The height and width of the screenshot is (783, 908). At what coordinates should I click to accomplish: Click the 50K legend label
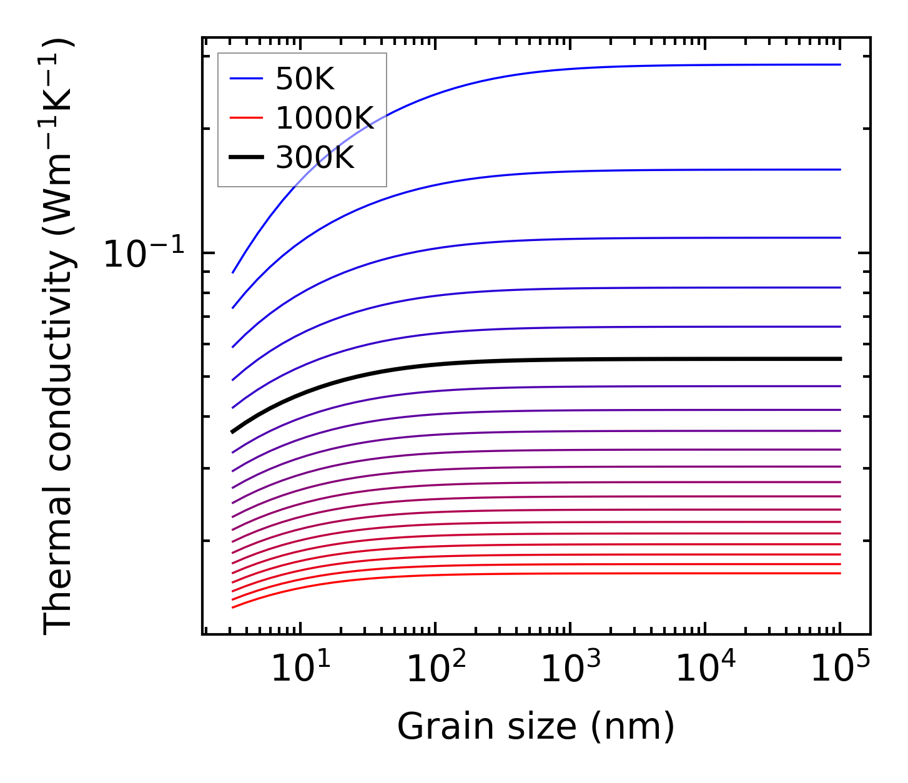(x=305, y=79)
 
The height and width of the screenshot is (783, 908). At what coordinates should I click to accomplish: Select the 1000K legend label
(x=325, y=119)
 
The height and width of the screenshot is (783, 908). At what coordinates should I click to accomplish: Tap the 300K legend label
(x=315, y=158)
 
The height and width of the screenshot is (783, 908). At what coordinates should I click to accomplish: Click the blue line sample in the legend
(x=247, y=79)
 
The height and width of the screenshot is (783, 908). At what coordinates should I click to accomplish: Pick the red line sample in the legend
(x=247, y=118)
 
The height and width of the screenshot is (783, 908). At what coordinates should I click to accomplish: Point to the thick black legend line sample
(x=247, y=157)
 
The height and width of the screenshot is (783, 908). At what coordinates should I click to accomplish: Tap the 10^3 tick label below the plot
(x=571, y=670)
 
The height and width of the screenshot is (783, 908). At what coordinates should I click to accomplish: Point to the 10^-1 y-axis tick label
(x=144, y=255)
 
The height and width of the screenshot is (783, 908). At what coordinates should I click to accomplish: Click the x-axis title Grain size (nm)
(x=536, y=727)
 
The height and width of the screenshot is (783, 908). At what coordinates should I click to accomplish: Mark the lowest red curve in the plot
(x=562, y=574)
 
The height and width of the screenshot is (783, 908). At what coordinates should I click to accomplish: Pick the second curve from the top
(x=562, y=170)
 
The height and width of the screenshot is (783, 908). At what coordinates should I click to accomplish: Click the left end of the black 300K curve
(x=233, y=431)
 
